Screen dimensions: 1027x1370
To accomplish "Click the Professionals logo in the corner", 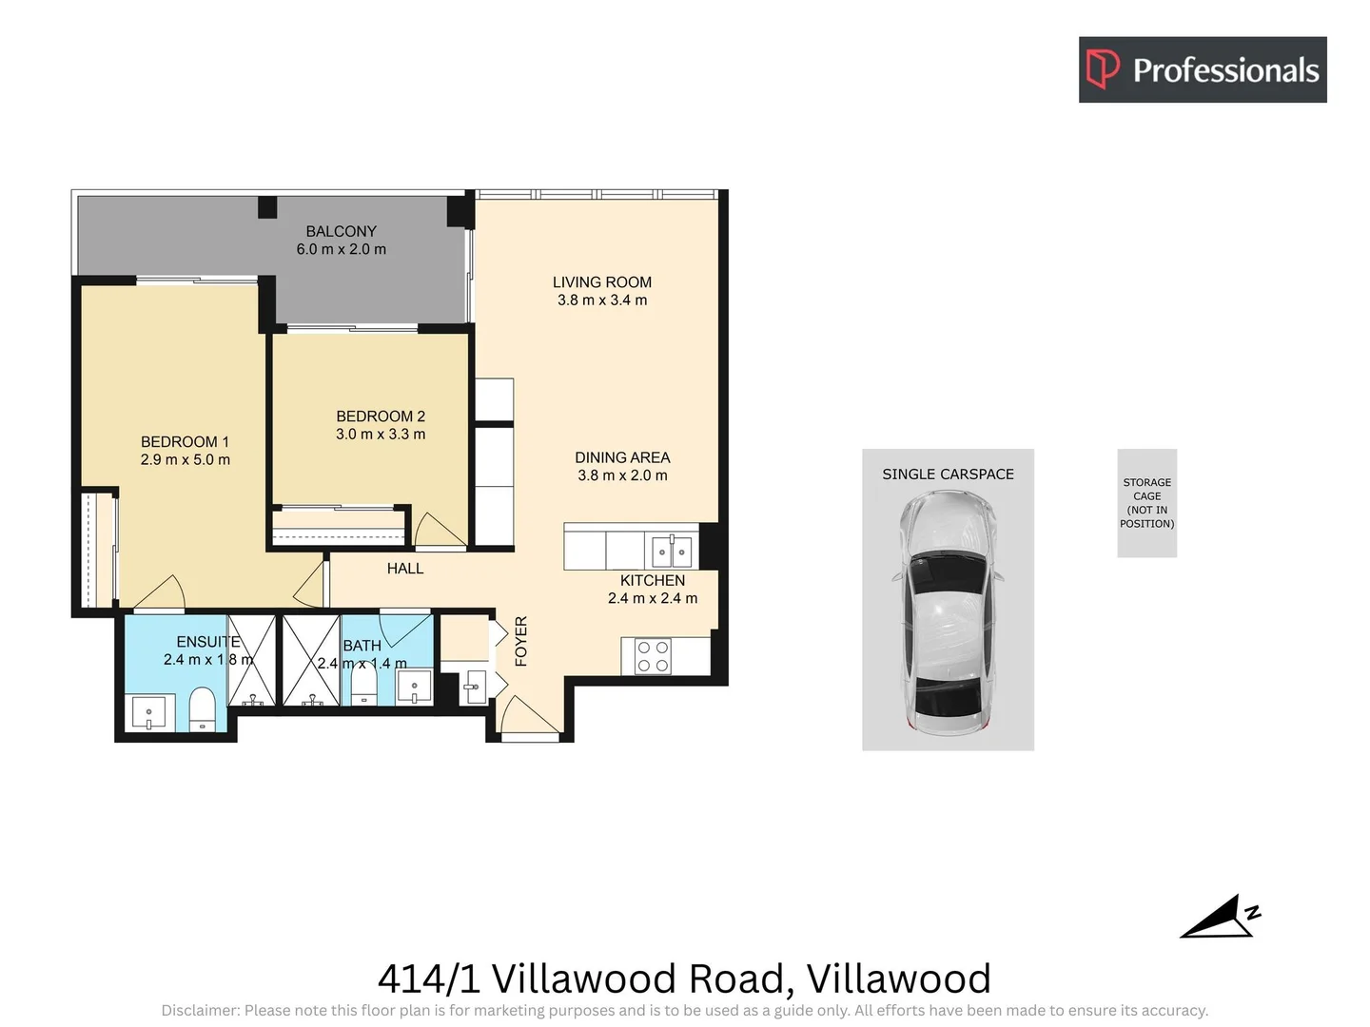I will pyautogui.click(x=1202, y=69).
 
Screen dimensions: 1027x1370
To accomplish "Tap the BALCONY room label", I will pyautogui.click(x=341, y=231).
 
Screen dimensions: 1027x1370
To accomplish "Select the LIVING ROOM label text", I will pyautogui.click(x=601, y=282).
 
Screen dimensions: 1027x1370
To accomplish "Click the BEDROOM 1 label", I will pyautogui.click(x=185, y=442).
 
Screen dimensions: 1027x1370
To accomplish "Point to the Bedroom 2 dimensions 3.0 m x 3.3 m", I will pyautogui.click(x=381, y=435).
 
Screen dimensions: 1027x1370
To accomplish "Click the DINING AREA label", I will pyautogui.click(x=622, y=457).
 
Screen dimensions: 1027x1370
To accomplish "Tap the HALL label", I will pyautogui.click(x=404, y=569).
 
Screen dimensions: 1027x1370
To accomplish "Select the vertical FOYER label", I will pyautogui.click(x=520, y=641).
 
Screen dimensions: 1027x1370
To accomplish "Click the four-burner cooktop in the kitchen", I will pyautogui.click(x=653, y=656).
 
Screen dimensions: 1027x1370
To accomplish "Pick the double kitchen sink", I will pyautogui.click(x=672, y=551).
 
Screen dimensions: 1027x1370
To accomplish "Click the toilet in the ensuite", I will pyautogui.click(x=202, y=712).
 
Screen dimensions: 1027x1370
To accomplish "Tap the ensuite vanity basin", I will pyautogui.click(x=148, y=712).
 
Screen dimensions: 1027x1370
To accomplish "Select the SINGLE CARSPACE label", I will pyautogui.click(x=948, y=475).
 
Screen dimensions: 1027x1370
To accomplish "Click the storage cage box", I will pyautogui.click(x=1146, y=503).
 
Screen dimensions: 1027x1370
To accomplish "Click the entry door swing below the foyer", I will pyautogui.click(x=525, y=716).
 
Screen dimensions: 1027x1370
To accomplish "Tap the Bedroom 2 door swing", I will pyautogui.click(x=437, y=531).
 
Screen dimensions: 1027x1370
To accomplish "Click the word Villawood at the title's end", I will pyautogui.click(x=898, y=979).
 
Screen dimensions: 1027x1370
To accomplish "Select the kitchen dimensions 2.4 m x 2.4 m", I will pyautogui.click(x=653, y=598).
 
